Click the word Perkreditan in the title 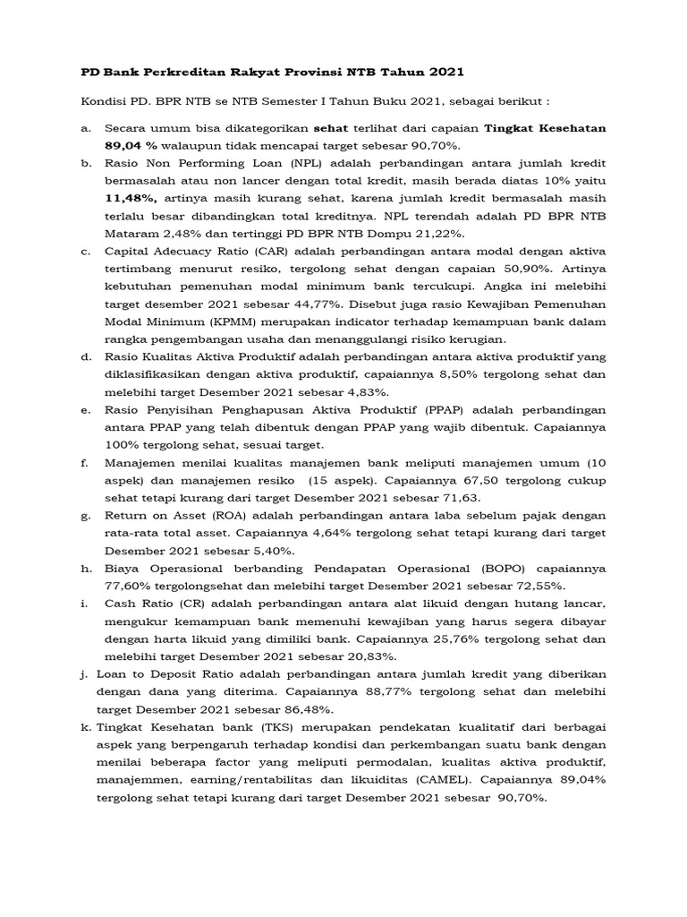coord(172,71)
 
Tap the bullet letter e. coord(85,408)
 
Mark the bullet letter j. coord(85,673)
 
